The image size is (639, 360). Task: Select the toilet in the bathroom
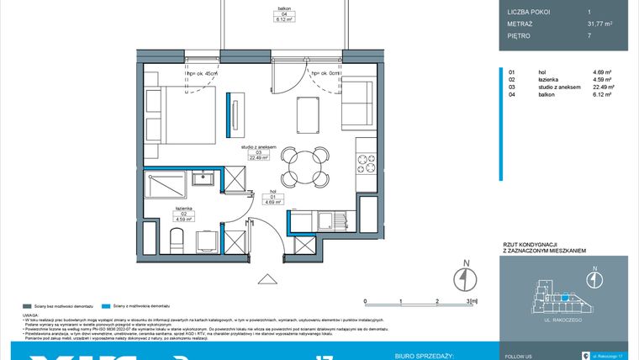point(177,241)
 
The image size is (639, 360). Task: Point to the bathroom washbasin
point(202,178)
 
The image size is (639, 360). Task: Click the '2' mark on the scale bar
point(437,299)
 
